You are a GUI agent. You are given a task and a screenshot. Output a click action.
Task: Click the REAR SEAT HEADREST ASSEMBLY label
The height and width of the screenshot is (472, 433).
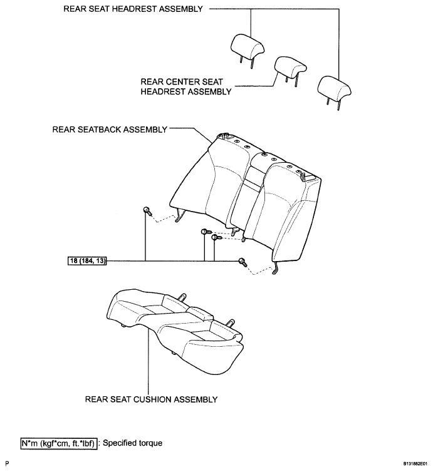click(x=133, y=10)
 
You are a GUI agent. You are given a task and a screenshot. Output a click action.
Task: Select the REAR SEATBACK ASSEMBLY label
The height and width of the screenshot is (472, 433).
click(x=110, y=130)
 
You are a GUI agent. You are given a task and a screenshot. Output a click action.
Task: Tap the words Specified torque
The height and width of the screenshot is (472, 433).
click(x=132, y=443)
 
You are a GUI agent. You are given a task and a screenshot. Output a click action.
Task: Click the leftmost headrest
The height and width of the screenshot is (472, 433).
click(x=248, y=44)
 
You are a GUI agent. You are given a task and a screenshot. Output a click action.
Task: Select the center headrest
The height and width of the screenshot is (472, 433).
click(x=290, y=65)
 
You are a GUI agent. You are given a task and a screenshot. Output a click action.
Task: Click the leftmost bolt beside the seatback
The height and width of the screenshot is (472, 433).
click(x=146, y=210)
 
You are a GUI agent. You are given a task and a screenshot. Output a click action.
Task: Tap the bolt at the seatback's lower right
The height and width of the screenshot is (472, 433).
click(x=242, y=262)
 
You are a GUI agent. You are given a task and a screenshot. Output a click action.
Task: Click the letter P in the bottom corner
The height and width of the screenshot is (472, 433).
click(x=5, y=464)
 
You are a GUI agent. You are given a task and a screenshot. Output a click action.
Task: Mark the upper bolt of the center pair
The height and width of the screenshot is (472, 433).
click(x=205, y=232)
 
